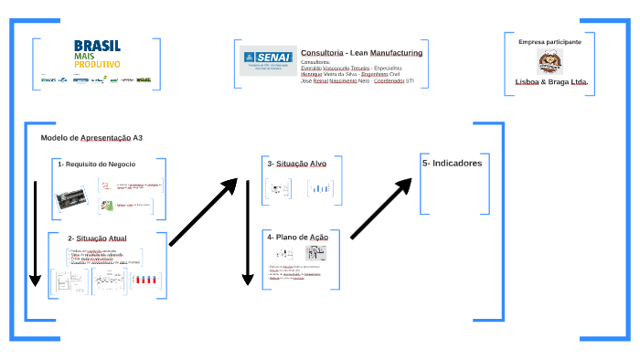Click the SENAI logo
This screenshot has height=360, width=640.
pos(265,61)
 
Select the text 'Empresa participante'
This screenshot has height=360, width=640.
pos(549,42)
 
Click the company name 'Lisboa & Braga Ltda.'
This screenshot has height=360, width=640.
pos(551,81)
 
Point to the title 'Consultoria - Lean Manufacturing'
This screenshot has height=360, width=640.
pos(361,53)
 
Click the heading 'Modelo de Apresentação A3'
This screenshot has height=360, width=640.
pos(91,137)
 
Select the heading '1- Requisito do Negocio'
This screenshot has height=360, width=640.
pos(96,164)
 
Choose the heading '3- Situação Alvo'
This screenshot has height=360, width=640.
pos(296,164)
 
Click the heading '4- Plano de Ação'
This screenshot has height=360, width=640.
pos(297,237)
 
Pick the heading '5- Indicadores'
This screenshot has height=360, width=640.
pos(452,163)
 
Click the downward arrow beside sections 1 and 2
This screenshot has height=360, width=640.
pos(35,233)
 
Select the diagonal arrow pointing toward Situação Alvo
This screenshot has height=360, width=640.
pos(203,212)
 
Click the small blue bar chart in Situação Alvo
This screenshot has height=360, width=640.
pos(319,189)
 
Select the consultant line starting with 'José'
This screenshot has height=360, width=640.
pos(357,80)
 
